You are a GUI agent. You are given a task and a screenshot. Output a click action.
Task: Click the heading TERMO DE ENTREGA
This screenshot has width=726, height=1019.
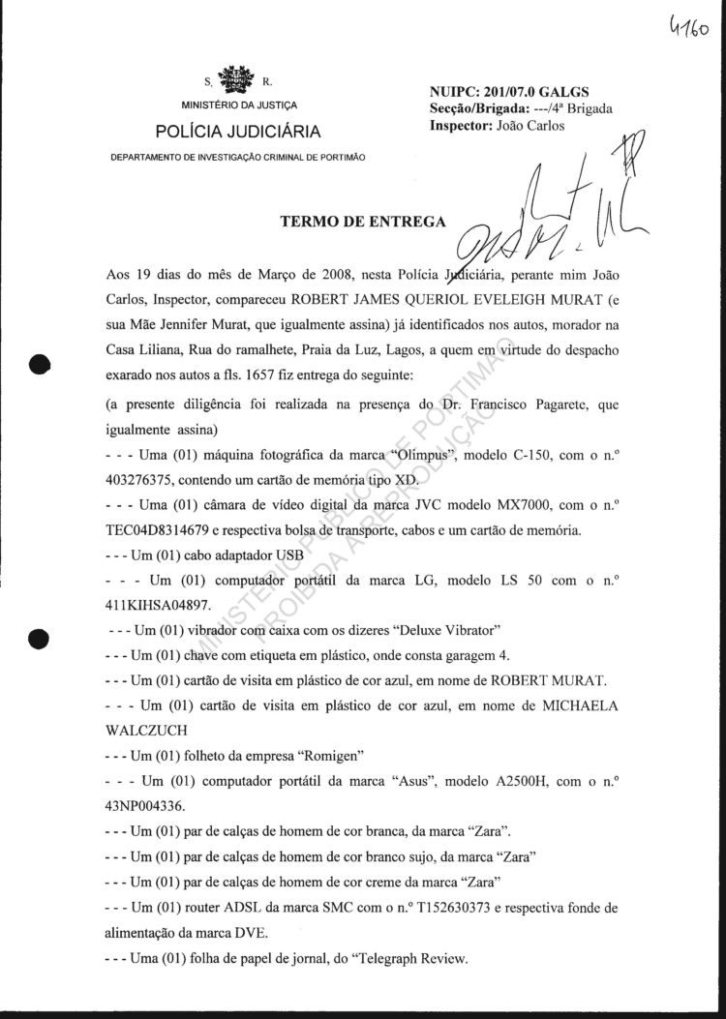point(363,221)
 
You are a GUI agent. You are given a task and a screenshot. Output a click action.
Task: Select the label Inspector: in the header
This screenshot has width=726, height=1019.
point(460,125)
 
